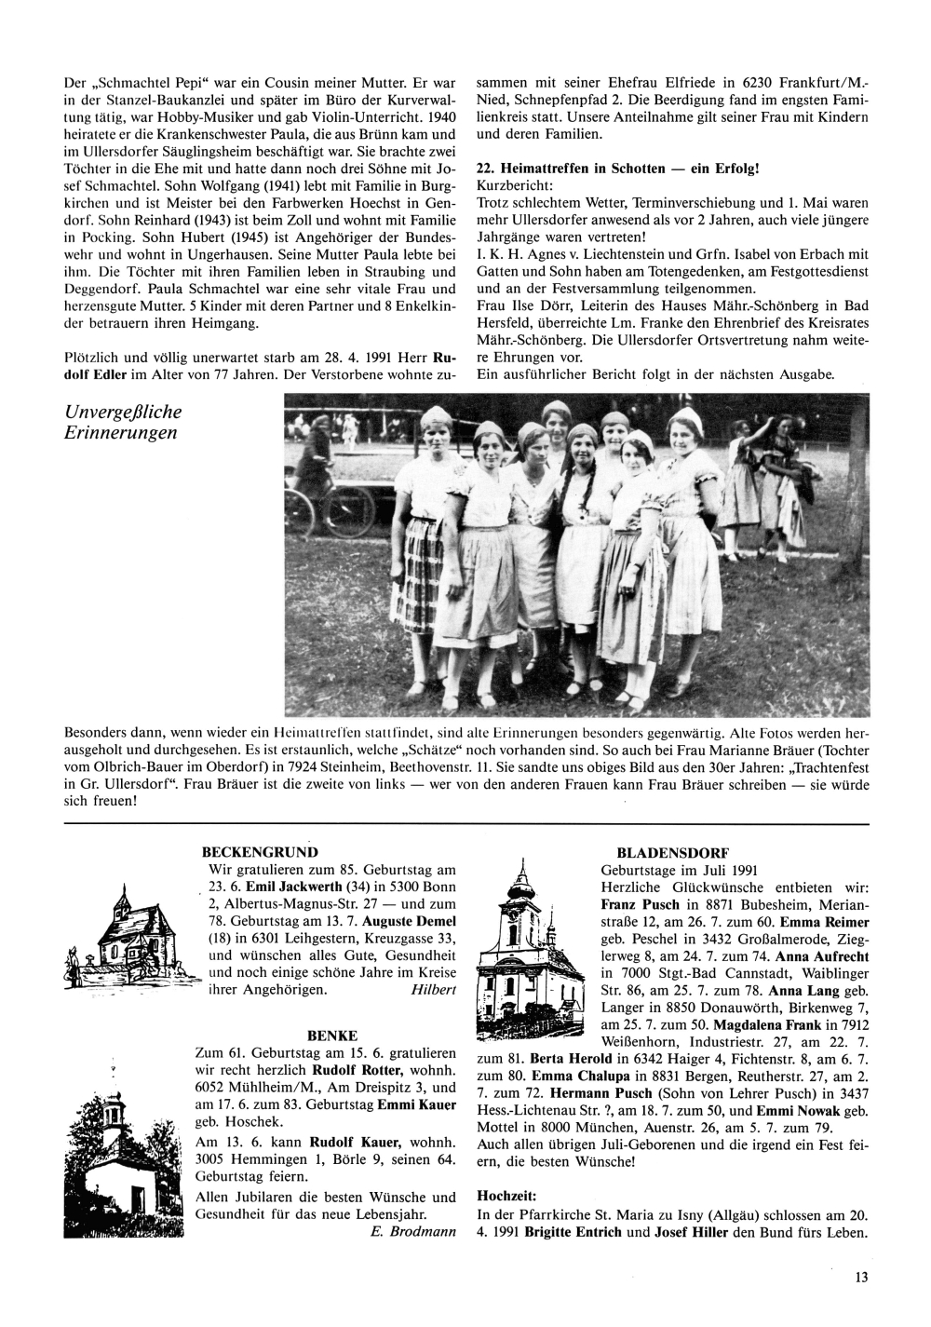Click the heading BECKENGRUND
(260, 851)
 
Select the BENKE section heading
(326, 1035)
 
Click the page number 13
(861, 1278)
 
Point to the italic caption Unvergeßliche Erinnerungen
(124, 423)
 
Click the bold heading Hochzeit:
(508, 1193)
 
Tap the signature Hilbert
(433, 990)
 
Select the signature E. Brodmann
(407, 1233)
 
